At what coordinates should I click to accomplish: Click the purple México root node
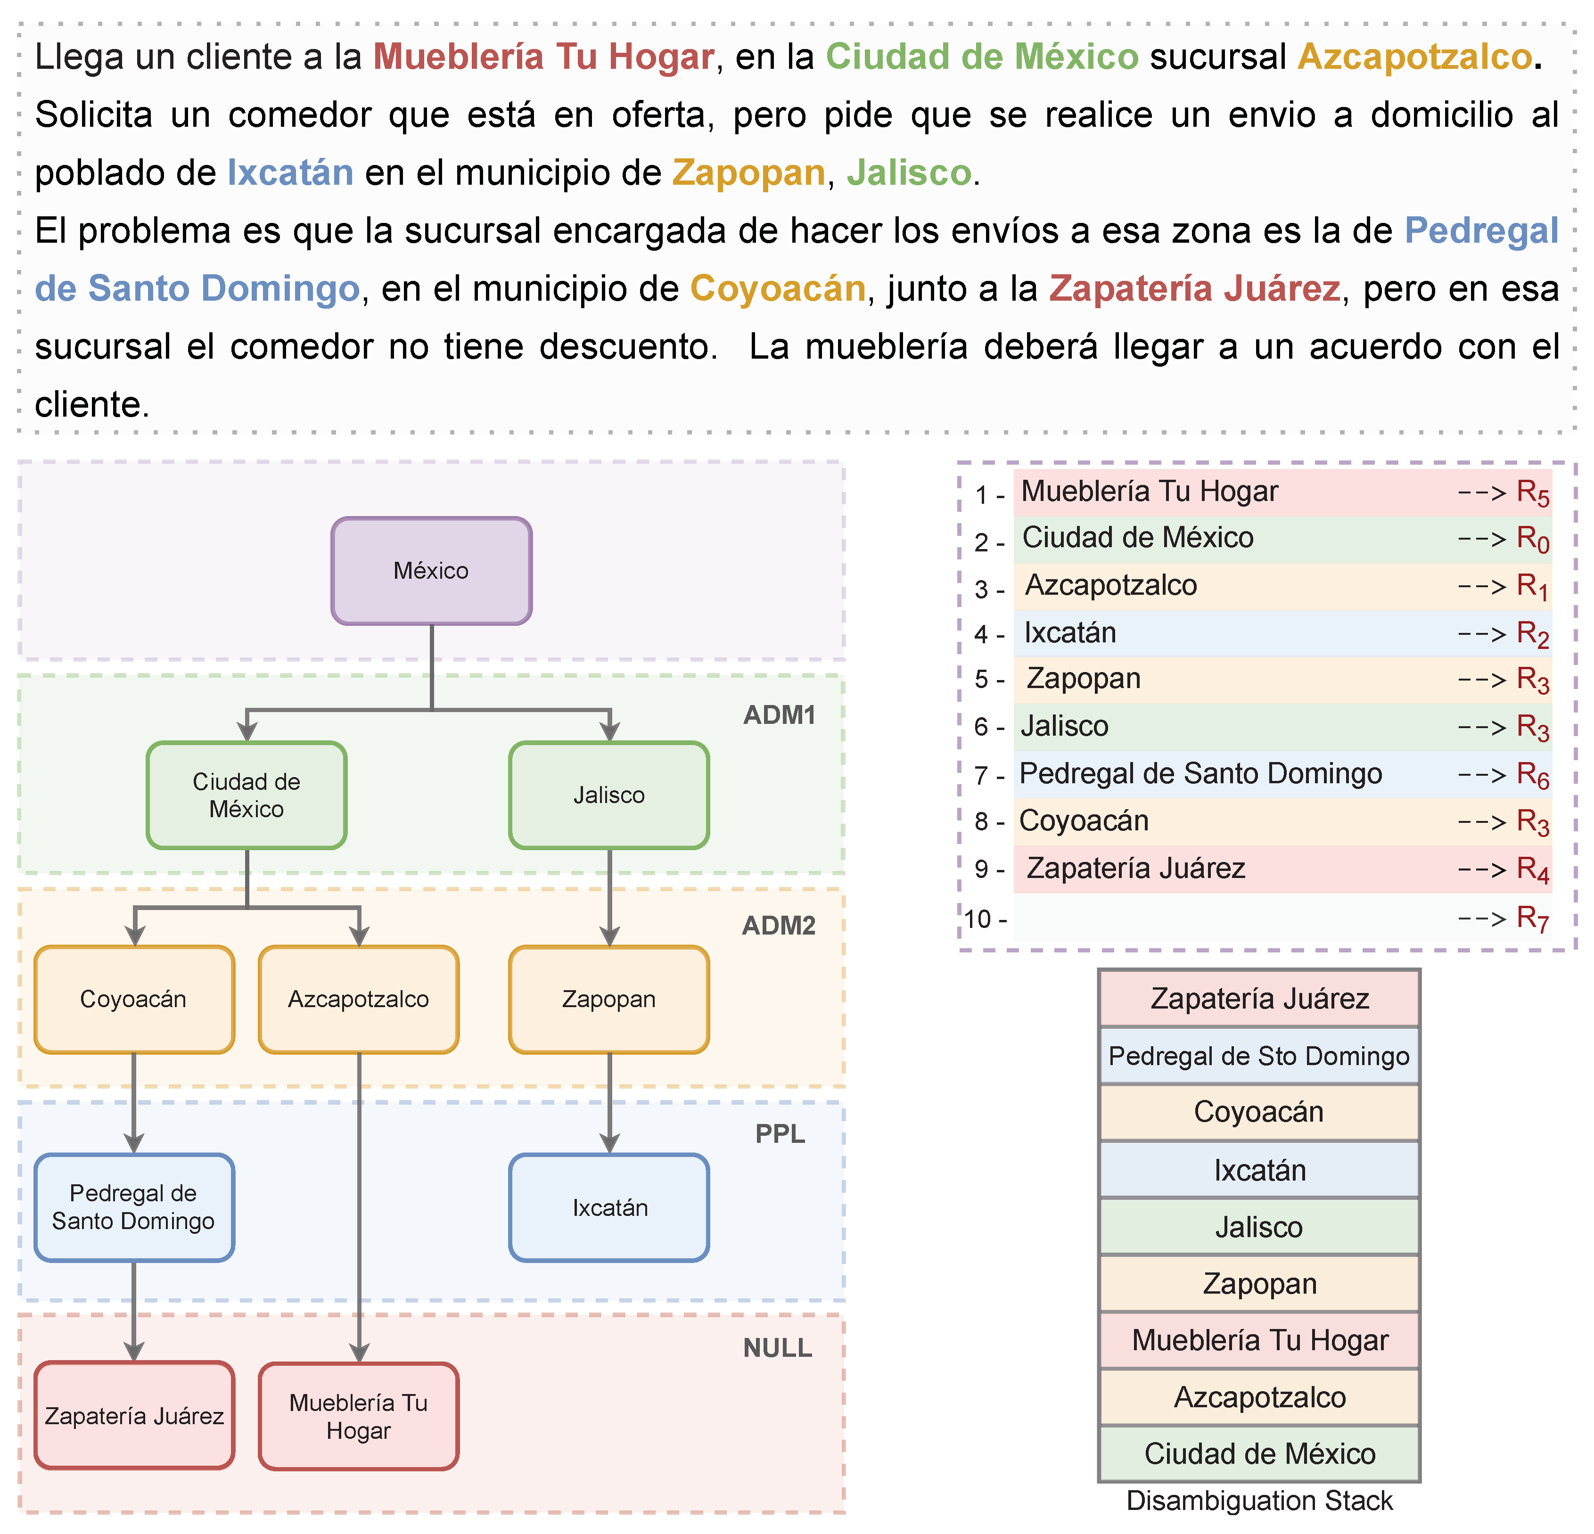coord(431,571)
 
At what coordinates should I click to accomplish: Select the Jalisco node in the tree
coord(608,795)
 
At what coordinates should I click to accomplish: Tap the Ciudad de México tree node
coord(246,795)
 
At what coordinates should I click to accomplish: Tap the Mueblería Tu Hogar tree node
coord(359,1416)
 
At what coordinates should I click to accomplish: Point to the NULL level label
coord(778,1348)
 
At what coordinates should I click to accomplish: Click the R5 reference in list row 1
coord(1532,493)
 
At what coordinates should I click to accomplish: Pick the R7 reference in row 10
coord(1532,919)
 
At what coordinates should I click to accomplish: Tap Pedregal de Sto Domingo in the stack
coord(1259,1056)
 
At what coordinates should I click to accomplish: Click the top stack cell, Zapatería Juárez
coord(1259,998)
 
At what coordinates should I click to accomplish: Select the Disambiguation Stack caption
coord(1259,1501)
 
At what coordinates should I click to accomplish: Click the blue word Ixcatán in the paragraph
coord(290,172)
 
